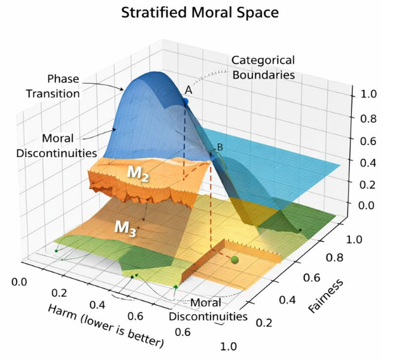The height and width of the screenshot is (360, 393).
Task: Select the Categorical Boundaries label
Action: click(x=263, y=67)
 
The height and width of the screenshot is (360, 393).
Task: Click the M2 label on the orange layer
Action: click(x=136, y=174)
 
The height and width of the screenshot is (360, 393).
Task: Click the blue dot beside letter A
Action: click(x=186, y=101)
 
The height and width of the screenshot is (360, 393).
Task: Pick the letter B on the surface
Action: click(x=220, y=148)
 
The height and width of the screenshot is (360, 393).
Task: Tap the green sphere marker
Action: click(x=235, y=259)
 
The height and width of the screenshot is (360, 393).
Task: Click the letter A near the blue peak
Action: click(x=188, y=91)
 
